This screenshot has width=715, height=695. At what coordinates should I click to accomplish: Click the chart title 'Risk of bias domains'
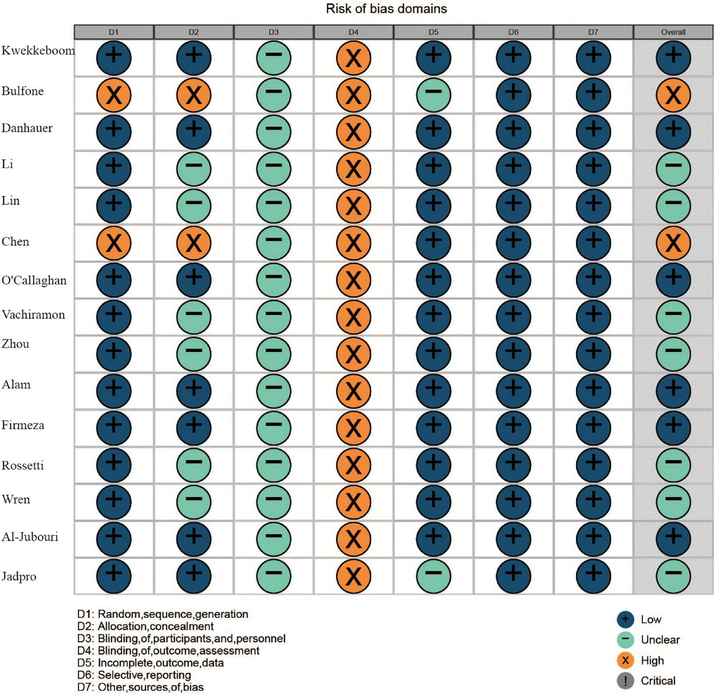click(x=386, y=9)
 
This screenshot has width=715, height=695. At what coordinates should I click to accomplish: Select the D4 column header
click(x=353, y=32)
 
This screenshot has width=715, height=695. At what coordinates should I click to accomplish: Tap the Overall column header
click(x=673, y=32)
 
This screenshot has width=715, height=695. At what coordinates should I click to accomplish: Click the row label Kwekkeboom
click(x=38, y=51)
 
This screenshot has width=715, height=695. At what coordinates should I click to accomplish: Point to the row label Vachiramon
click(x=33, y=314)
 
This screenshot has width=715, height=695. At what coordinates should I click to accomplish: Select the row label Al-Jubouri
click(x=30, y=537)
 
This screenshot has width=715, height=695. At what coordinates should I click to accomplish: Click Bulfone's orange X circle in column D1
click(x=114, y=95)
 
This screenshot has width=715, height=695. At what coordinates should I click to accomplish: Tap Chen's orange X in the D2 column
click(x=194, y=243)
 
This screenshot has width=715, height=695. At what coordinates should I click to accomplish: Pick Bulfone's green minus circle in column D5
click(x=433, y=95)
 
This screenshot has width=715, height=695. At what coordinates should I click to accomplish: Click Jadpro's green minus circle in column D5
click(x=433, y=575)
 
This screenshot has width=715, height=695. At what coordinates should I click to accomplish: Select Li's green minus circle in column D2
click(x=194, y=169)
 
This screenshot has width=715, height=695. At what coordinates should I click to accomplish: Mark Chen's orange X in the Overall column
click(x=673, y=243)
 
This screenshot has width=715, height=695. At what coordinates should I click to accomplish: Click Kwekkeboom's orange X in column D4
click(x=354, y=58)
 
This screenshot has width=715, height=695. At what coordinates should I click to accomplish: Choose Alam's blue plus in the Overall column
click(x=673, y=391)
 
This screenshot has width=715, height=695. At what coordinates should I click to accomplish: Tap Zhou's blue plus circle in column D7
click(x=593, y=353)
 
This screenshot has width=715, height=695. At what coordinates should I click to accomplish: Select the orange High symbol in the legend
click(x=625, y=660)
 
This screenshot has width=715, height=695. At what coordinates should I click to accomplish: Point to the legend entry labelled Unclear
click(x=660, y=640)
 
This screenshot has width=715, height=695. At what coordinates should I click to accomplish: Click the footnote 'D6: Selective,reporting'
click(x=134, y=675)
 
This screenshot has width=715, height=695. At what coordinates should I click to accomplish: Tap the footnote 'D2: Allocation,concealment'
click(x=145, y=626)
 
